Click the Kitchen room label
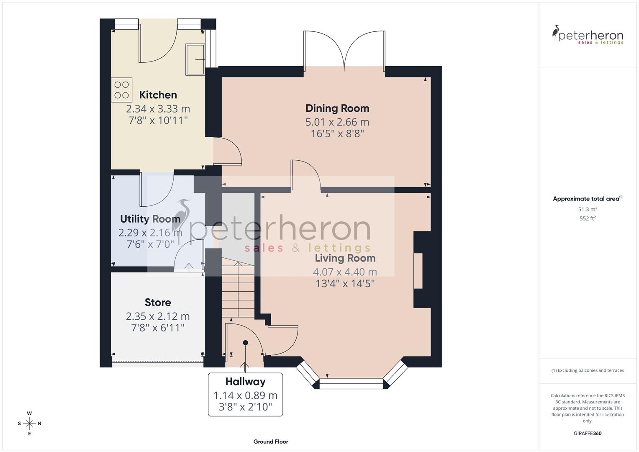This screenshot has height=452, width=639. [158, 95]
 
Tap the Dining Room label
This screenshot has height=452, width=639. [337, 108]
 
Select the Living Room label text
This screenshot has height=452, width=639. [345, 258]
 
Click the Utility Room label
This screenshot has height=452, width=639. [150, 219]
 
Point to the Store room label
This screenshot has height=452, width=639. [158, 302]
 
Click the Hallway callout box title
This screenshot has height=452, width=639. [245, 382]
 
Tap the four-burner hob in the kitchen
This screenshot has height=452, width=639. [122, 90]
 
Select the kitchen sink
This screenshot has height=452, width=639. [195, 59]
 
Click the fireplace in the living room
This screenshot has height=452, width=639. [418, 271]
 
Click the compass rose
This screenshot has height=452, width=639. [29, 424]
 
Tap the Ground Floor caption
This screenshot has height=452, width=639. [270, 442]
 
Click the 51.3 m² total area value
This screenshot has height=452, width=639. [588, 209]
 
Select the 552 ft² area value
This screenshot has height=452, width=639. [588, 218]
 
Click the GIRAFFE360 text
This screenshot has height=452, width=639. [588, 434]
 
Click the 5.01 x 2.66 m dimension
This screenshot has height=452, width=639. [337, 122]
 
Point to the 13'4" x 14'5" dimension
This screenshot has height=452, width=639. [345, 284]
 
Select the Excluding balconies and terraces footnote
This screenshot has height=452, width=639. [588, 370]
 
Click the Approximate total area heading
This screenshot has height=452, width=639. [587, 199]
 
